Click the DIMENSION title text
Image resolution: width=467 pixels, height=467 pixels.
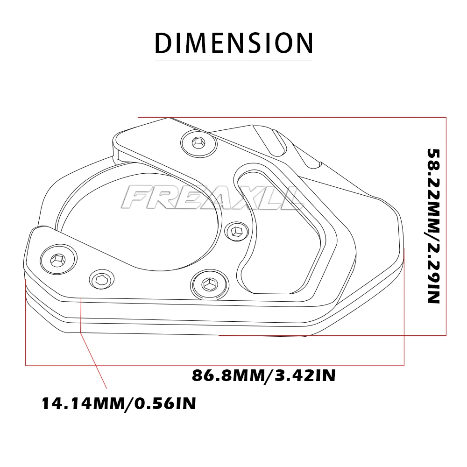coord(233,42)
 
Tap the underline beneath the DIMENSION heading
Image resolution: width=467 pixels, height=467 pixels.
coord(233,60)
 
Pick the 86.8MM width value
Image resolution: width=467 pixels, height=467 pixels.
coord(227,375)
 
